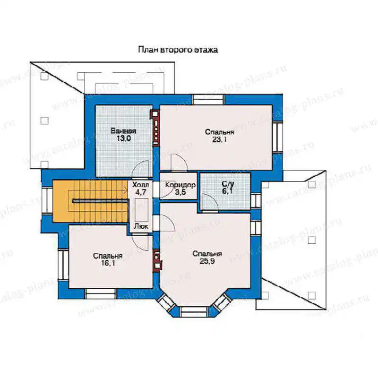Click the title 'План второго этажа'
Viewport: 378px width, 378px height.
178,50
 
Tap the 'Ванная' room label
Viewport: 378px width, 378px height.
123,131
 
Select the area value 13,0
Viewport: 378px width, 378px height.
124,138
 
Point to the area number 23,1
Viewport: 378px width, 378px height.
219,139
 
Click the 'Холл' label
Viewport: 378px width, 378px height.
141,185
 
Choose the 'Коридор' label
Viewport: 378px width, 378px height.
180,185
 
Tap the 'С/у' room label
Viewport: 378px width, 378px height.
228,184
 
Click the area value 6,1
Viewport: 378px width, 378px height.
228,191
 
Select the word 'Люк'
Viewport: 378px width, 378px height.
141,226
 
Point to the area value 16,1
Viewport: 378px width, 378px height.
108,263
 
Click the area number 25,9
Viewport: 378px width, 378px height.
207,261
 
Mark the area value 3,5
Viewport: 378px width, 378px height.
180,192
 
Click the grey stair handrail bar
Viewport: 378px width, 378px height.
100,201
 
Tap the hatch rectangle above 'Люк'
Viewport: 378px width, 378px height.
141,210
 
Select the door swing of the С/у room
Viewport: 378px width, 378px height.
210,202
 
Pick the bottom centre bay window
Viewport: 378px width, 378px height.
194,312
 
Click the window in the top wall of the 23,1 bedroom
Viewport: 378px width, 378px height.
209,100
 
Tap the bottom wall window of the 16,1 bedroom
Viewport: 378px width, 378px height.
101,293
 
